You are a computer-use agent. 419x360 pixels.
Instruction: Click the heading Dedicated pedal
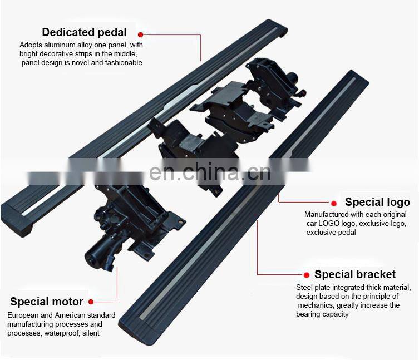(x=84, y=32)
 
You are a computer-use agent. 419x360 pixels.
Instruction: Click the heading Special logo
(x=377, y=202)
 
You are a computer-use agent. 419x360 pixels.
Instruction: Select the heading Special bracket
(x=355, y=274)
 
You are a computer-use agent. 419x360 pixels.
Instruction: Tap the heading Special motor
(x=47, y=302)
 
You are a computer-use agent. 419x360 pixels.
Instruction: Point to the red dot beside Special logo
(x=334, y=203)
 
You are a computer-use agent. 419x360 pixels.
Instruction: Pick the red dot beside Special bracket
(x=305, y=275)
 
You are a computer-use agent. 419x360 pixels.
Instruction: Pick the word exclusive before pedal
(x=323, y=232)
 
